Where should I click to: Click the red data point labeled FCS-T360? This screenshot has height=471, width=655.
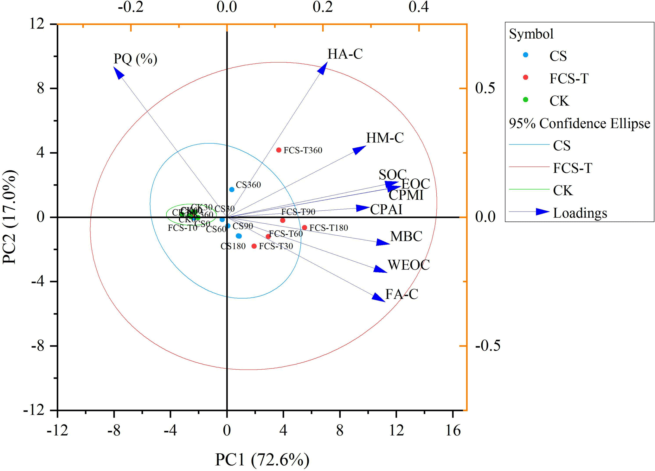pos(279,150)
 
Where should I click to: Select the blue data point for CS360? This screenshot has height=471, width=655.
pos(232,189)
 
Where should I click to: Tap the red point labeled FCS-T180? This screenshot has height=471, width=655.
pos(304,227)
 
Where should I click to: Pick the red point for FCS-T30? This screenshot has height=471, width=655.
pos(254,246)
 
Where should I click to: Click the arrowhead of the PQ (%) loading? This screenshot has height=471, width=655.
pos(118,72)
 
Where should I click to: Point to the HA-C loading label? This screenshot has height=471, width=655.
pos(345,54)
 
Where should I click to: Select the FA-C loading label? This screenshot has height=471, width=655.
pos(401,294)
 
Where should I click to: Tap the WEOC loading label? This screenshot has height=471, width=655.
pos(408,265)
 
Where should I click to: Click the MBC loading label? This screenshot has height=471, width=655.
pos(406,236)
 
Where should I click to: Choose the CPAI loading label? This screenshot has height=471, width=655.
pos(386,209)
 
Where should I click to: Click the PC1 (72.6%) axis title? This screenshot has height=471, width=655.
pos(262,460)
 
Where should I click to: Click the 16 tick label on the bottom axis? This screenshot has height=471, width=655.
pos(453,430)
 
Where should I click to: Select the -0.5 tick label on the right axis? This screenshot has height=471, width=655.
pos(488,346)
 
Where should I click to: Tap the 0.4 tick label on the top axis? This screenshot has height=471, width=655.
pos(419,7)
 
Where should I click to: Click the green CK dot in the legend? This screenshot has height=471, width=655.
pos(525,100)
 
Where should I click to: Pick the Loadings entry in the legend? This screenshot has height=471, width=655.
pos(580,213)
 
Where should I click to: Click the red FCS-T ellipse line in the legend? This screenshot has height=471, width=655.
pos(529,167)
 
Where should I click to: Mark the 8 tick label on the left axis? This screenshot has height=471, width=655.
pos(41,88)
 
